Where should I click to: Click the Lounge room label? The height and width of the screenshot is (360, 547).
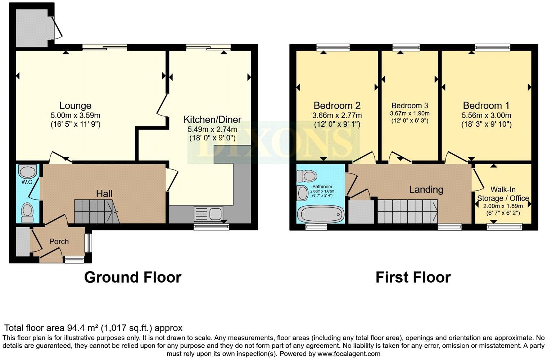coord(75,105)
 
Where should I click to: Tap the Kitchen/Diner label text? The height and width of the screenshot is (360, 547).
coord(212,120)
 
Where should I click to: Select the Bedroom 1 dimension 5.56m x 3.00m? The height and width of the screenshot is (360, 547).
coord(486,116)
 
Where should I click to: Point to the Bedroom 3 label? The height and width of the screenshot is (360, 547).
coord(410,105)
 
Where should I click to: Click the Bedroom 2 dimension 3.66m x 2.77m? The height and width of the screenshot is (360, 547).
coord(337,116)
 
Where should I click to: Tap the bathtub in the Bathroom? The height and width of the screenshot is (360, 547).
coord(320,215)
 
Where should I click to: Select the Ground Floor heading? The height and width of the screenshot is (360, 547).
coord(132,278)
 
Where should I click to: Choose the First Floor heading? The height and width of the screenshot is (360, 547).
coord(413,278)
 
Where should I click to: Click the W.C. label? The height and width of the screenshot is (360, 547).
coord(27,182)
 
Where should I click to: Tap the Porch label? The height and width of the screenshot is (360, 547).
coord(59,242)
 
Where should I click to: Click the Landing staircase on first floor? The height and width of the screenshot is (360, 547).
coord(407,211)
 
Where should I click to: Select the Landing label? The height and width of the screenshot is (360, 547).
coord(426,189)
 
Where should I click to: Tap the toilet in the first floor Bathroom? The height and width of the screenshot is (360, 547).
coord(306,176)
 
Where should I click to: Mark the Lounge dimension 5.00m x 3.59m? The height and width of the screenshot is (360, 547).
coord(75,116)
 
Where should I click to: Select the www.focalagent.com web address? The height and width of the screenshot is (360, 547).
coord(349,354)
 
